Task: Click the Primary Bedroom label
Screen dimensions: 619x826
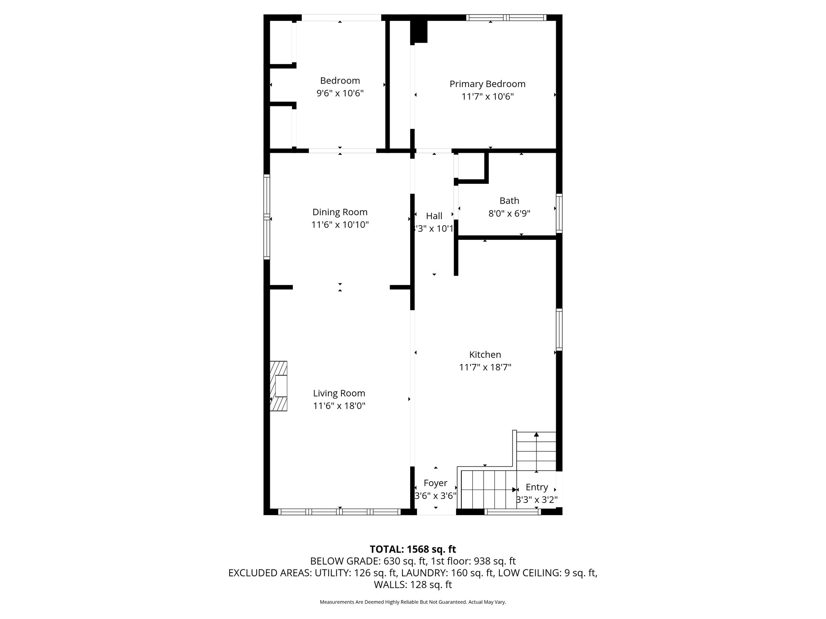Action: coord(487,84)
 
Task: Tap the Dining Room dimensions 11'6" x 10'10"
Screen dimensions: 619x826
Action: coord(340,225)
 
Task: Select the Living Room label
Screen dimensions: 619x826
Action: coord(339,393)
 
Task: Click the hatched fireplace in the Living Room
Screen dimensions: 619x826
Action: coord(279,386)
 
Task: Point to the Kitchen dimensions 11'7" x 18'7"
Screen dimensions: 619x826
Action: coord(485,367)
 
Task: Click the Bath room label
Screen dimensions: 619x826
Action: coord(509,201)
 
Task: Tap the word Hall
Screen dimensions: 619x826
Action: coord(434,216)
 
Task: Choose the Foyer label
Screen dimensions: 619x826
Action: coord(435,483)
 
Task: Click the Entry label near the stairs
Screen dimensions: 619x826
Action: coord(536,487)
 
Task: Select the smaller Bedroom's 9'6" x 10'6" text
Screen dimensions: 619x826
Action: coord(340,93)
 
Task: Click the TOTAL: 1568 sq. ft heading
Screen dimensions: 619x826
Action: coord(413,549)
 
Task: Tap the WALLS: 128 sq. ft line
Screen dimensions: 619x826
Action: coord(413,585)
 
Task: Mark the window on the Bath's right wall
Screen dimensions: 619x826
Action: coord(559,213)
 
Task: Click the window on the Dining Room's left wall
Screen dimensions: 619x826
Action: coord(267,217)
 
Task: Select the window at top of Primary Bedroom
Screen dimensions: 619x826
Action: coord(506,18)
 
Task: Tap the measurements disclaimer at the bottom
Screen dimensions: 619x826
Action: coord(413,602)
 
